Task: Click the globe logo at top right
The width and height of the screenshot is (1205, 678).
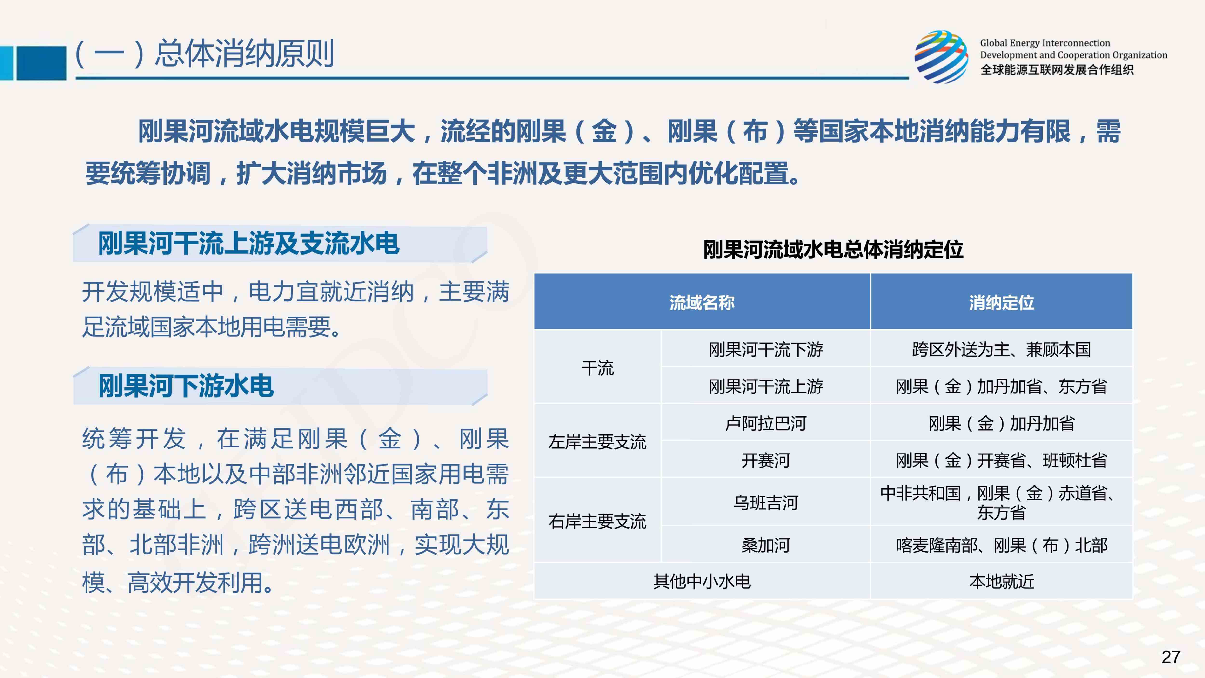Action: tap(942, 57)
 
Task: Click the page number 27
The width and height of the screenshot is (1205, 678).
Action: tap(1171, 657)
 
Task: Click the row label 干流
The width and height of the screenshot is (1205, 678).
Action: tap(597, 368)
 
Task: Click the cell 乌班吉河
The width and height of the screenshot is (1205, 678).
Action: tap(766, 502)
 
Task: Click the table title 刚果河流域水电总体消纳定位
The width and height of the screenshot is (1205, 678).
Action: tap(833, 249)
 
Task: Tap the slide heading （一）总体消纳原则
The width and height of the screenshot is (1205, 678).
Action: tap(204, 53)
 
